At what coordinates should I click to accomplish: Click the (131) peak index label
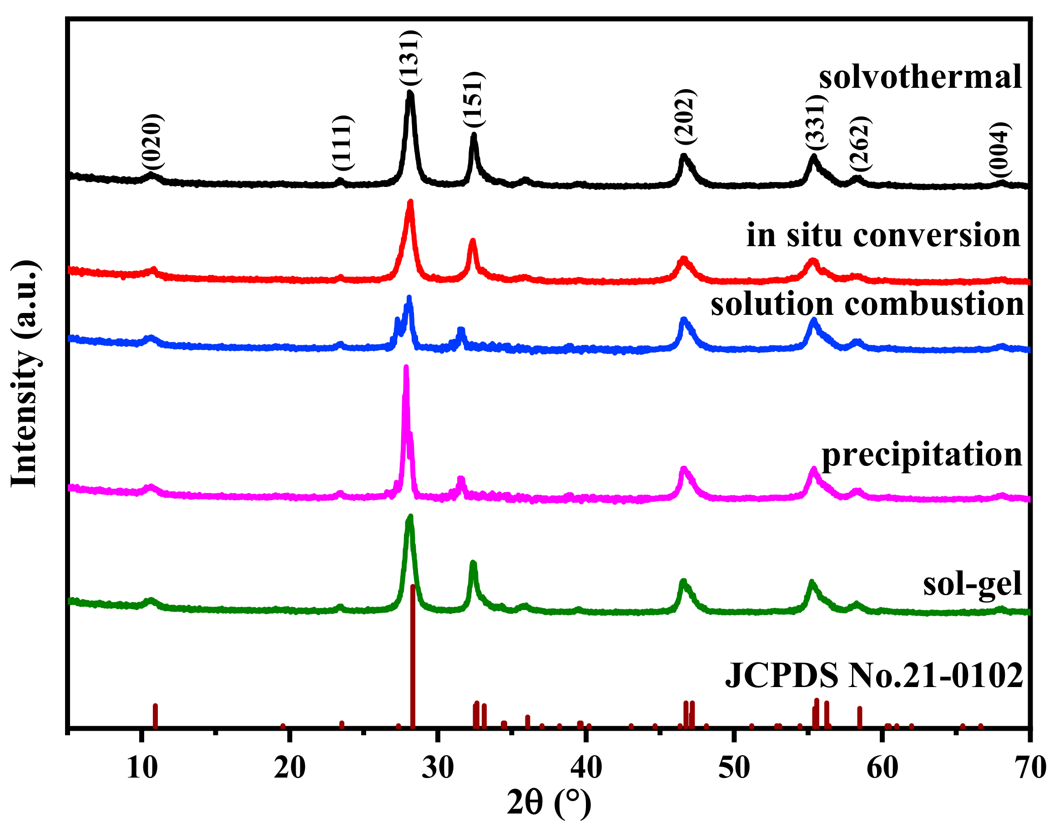point(409,59)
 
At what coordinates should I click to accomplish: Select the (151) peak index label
point(474,100)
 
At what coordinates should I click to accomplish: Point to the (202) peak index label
point(685,117)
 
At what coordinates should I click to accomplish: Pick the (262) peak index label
point(860,144)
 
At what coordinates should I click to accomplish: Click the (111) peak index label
point(342,143)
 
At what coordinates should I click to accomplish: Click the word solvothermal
point(920,77)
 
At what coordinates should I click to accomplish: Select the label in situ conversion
point(883,235)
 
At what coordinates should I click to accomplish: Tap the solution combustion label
point(867,304)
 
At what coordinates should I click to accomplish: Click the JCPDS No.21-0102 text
point(874,676)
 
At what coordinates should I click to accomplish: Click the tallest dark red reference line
point(413,654)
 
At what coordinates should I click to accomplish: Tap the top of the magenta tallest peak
point(406,367)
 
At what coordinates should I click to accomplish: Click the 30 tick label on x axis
point(438,768)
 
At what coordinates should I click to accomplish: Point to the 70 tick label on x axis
point(1030,768)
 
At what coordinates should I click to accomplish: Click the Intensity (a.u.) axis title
point(25,374)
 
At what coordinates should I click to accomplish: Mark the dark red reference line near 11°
point(155,715)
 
